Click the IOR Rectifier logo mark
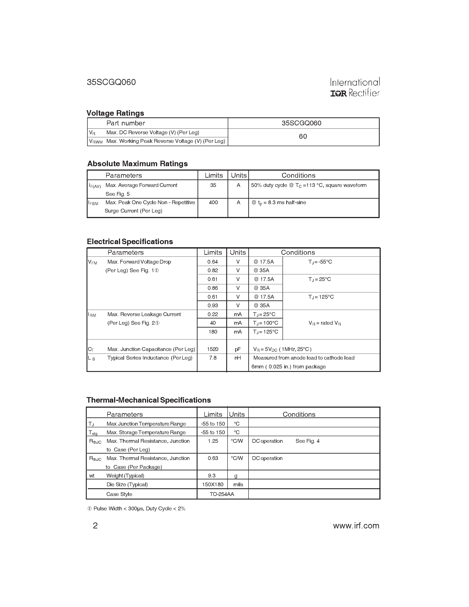[338, 93]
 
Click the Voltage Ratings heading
[115, 113]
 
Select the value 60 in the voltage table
[303, 136]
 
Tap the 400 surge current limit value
[213, 203]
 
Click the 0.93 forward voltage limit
[213, 305]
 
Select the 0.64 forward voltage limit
[213, 262]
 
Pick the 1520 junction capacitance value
[213, 349]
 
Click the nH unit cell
[237, 358]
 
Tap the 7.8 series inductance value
[213, 358]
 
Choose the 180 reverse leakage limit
[213, 332]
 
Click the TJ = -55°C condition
[320, 262]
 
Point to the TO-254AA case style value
[222, 494]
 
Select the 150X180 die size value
[213, 484]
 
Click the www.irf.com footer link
[356, 526]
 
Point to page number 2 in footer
[95, 526]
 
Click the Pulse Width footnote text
[136, 509]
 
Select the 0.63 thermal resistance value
[213, 458]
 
